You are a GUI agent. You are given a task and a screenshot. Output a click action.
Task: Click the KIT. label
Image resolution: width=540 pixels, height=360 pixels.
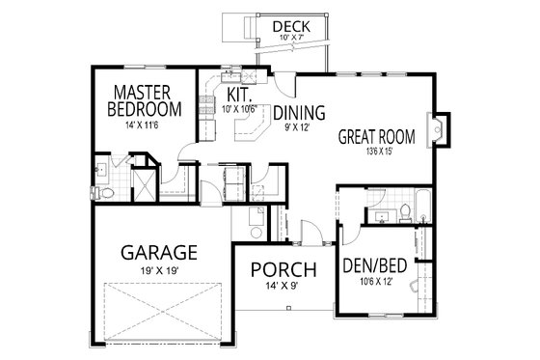pos(239,96)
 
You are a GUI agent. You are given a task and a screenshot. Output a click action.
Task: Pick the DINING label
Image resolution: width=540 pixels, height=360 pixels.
pos(298,112)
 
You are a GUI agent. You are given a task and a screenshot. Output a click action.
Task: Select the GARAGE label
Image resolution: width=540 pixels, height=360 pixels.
pos(159,253)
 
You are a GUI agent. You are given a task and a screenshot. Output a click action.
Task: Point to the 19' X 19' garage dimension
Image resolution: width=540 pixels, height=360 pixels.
pos(159,271)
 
